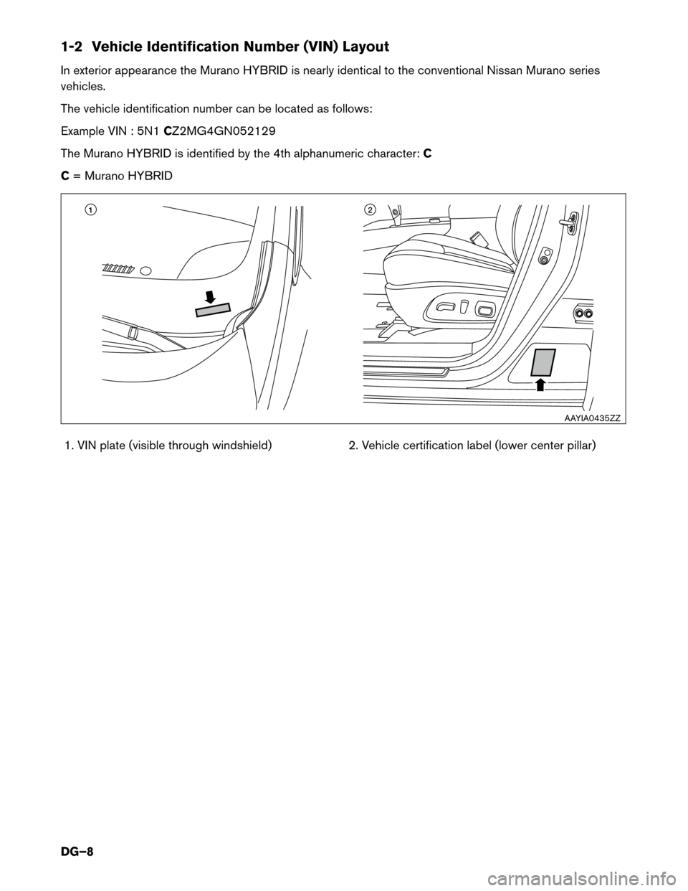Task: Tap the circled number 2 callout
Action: [x=369, y=209]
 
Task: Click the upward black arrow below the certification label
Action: [x=540, y=384]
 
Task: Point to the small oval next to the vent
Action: [x=145, y=270]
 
